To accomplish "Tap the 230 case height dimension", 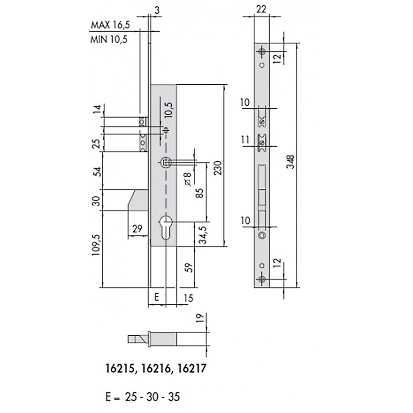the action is point(218,168).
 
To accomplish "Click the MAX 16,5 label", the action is point(110,25).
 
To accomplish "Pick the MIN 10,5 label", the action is point(109,39).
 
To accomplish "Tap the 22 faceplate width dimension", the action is point(261,9).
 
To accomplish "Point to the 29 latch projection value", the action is point(137,229).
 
